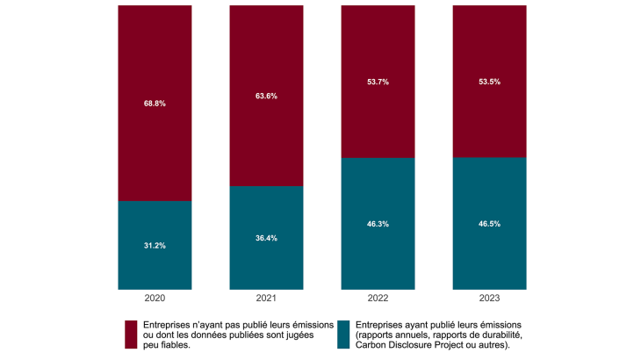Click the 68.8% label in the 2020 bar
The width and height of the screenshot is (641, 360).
pyautogui.click(x=155, y=104)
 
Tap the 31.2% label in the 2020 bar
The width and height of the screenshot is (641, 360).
pyautogui.click(x=155, y=246)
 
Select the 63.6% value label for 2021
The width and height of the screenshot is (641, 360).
pyautogui.click(x=266, y=96)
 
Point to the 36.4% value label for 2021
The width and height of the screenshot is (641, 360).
pyautogui.click(x=266, y=238)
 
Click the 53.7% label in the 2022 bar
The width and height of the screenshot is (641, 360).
pyautogui.click(x=378, y=82)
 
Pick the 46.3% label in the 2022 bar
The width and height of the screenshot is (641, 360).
pyautogui.click(x=378, y=224)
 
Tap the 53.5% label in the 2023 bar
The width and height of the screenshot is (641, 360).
pyautogui.click(x=489, y=82)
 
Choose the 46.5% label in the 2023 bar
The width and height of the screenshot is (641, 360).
pyautogui.click(x=489, y=224)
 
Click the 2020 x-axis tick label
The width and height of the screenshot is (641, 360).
pyautogui.click(x=155, y=298)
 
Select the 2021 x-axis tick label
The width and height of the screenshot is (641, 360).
pyautogui.click(x=266, y=298)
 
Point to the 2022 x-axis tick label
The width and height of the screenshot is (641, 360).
pyautogui.click(x=378, y=298)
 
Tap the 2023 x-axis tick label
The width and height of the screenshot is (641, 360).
pyautogui.click(x=489, y=298)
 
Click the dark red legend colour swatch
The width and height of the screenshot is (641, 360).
pyautogui.click(x=131, y=335)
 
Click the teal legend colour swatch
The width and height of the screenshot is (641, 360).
pyautogui.click(x=343, y=335)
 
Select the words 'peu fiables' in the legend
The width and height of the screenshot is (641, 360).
pyautogui.click(x=164, y=346)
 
